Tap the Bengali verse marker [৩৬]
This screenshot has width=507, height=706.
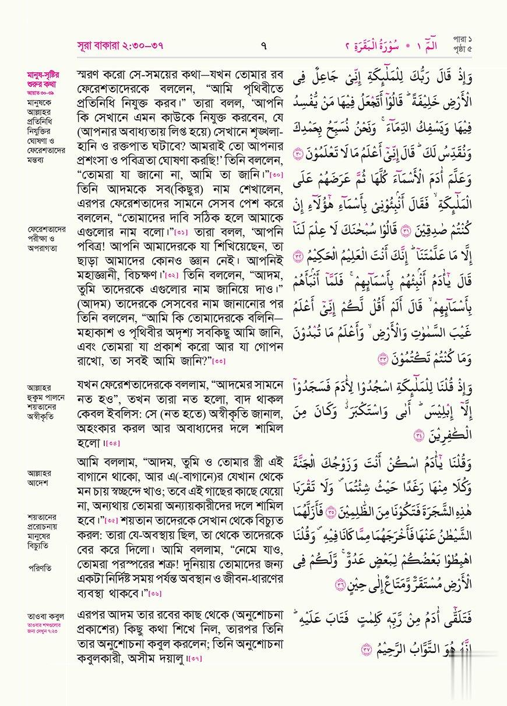[155, 594]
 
